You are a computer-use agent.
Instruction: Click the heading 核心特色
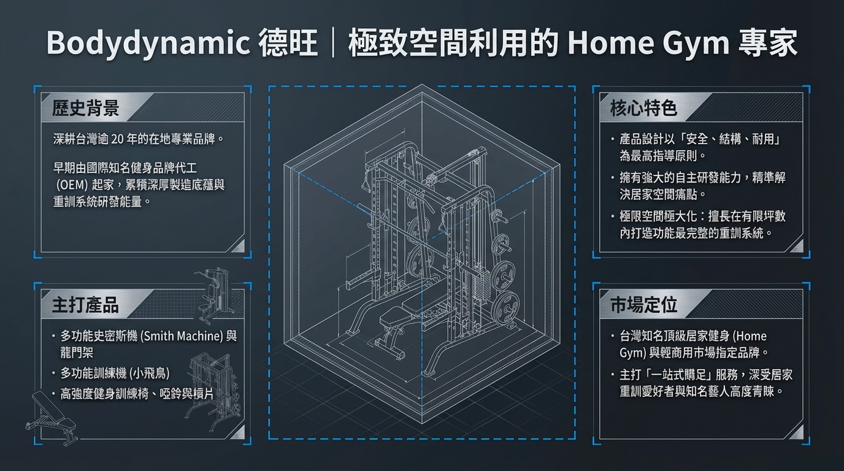(643, 109)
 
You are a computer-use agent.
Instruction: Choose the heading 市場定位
(643, 305)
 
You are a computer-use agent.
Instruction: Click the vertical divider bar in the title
(333, 44)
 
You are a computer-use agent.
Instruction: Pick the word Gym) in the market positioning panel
(634, 353)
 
